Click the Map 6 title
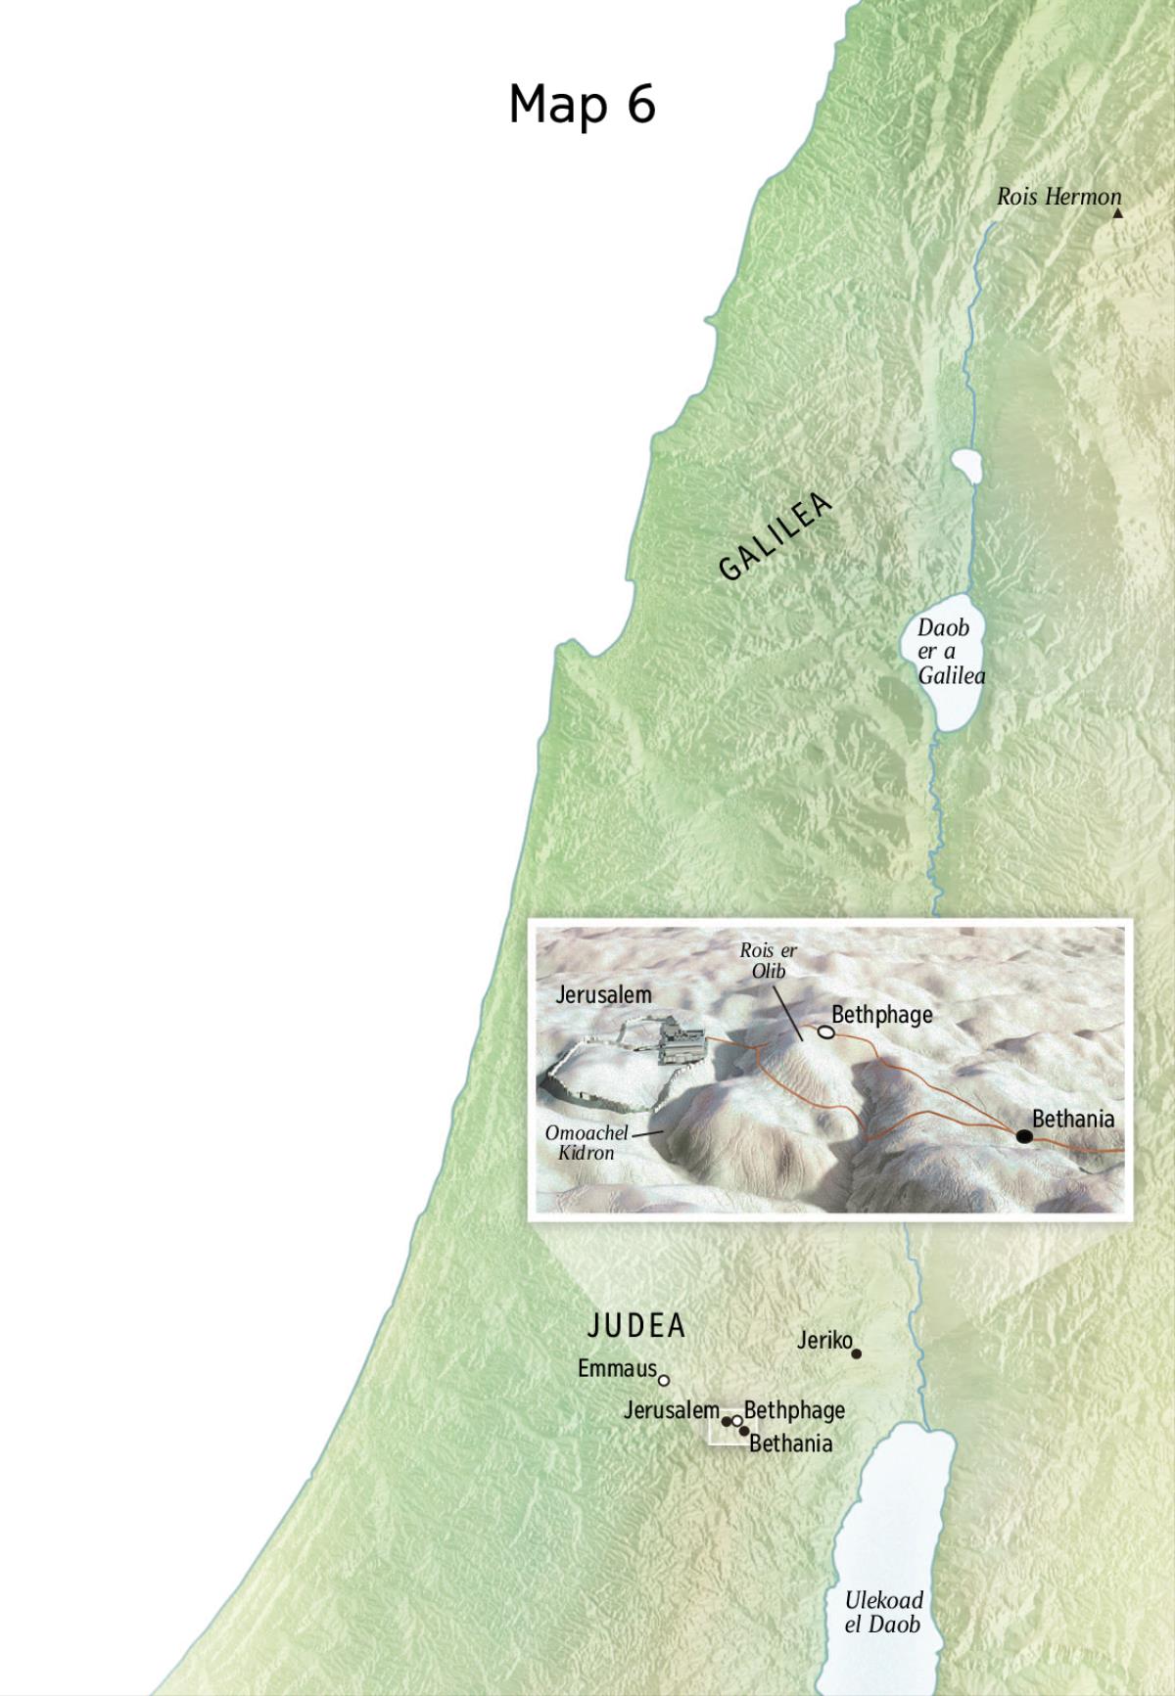click(582, 104)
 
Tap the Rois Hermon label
click(1058, 197)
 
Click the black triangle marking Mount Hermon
click(1117, 212)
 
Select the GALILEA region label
click(775, 537)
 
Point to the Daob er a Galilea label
click(949, 652)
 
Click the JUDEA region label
click(636, 1326)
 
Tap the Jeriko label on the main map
click(824, 1341)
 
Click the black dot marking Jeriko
click(857, 1353)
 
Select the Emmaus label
click(617, 1369)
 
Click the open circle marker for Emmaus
click(664, 1381)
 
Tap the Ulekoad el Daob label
click(883, 1613)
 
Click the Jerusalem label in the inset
click(603, 995)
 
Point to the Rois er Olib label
click(769, 960)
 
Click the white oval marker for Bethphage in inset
click(825, 1031)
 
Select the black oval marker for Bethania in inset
click(1024, 1136)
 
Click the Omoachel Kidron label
click(587, 1143)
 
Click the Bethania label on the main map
click(790, 1444)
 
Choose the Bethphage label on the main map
click(794, 1410)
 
